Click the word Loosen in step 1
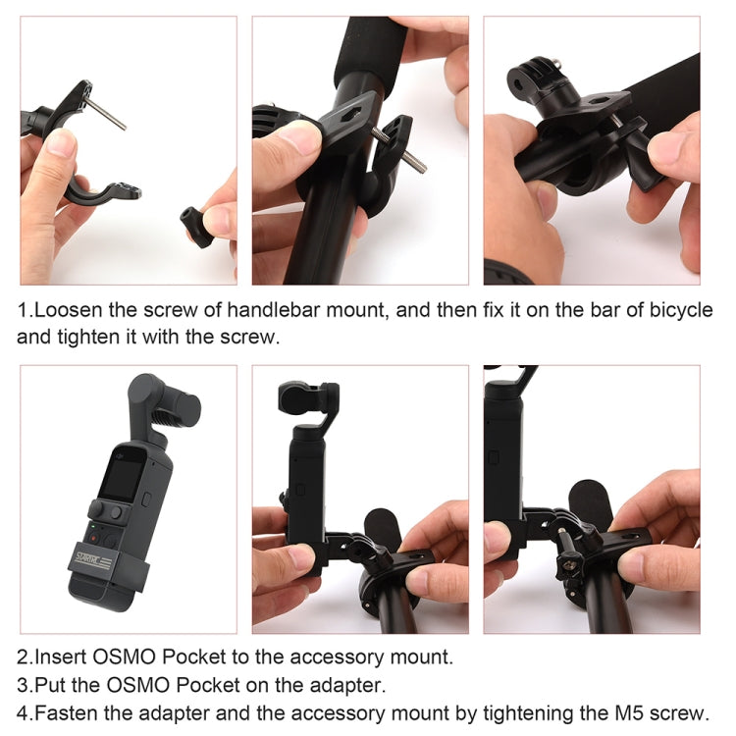69,311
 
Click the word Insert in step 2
61,657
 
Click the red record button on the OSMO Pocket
94,538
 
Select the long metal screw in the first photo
107,114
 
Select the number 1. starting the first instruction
25,311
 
